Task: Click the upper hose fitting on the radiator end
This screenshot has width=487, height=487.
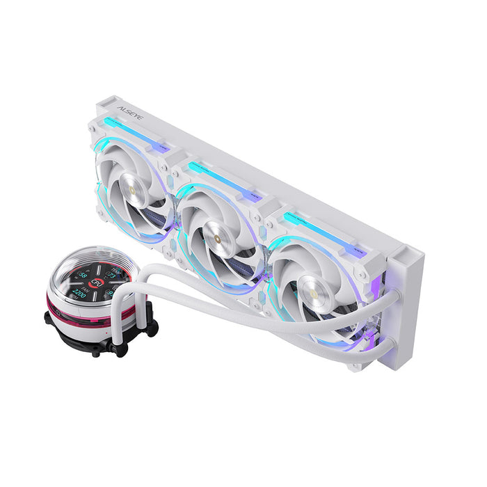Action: (390, 298)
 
